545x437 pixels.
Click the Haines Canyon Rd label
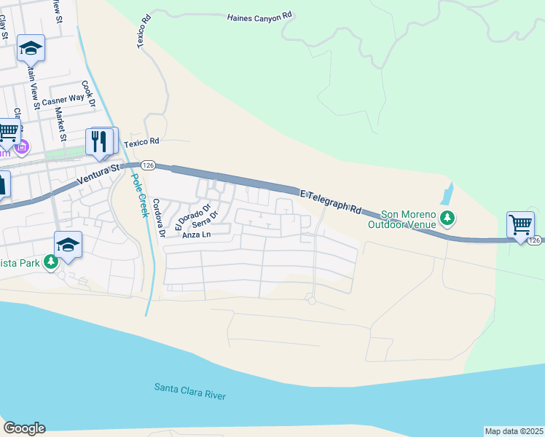click(x=259, y=15)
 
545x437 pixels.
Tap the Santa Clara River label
click(x=189, y=391)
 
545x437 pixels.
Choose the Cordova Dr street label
click(x=159, y=218)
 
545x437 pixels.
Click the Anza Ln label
click(x=195, y=235)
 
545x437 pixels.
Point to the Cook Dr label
click(x=89, y=95)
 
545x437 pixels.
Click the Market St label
click(x=62, y=125)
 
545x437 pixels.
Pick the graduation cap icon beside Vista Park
click(x=68, y=243)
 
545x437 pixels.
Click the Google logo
click(x=24, y=428)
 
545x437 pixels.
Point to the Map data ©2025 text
click(x=514, y=430)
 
